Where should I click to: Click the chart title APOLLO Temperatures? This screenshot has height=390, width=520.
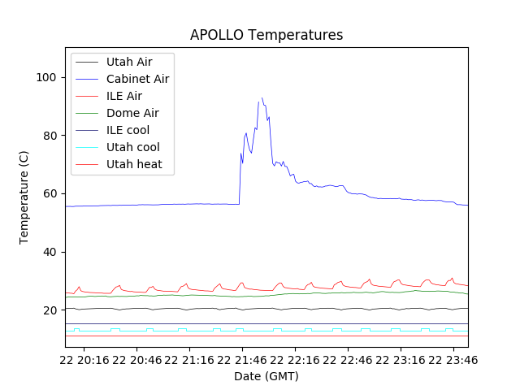(x=266, y=35)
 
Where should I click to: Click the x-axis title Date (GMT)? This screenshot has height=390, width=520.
(x=266, y=376)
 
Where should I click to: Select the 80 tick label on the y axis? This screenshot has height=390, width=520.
(x=51, y=136)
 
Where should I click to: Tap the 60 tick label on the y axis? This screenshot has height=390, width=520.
(x=51, y=193)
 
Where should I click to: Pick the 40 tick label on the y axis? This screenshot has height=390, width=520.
(x=51, y=252)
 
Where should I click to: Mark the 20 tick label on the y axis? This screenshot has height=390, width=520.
(x=51, y=310)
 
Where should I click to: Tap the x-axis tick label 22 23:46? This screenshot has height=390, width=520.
(x=452, y=359)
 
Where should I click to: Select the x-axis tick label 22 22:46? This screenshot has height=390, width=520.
(x=347, y=359)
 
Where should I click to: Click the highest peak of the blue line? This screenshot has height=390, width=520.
(x=262, y=97)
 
